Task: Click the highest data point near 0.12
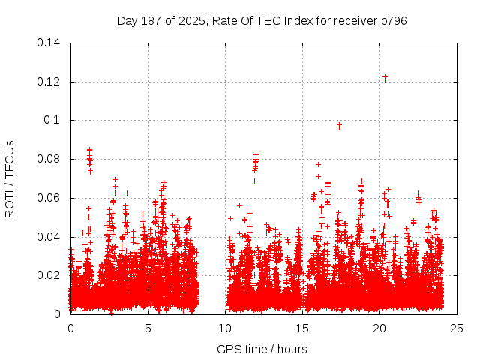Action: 385,76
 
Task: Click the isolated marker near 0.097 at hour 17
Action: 339,125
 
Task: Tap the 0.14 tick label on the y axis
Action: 49,43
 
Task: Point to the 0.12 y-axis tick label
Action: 49,82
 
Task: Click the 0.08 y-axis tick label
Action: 49,159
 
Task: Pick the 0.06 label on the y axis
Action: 49,198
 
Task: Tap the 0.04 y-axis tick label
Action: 49,237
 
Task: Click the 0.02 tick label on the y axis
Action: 49,275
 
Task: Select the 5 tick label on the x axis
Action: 148,328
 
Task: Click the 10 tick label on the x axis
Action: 225,328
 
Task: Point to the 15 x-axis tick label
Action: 302,328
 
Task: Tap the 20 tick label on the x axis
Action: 379,328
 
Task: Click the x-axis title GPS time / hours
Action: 262,349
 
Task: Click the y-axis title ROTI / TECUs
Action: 10,178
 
